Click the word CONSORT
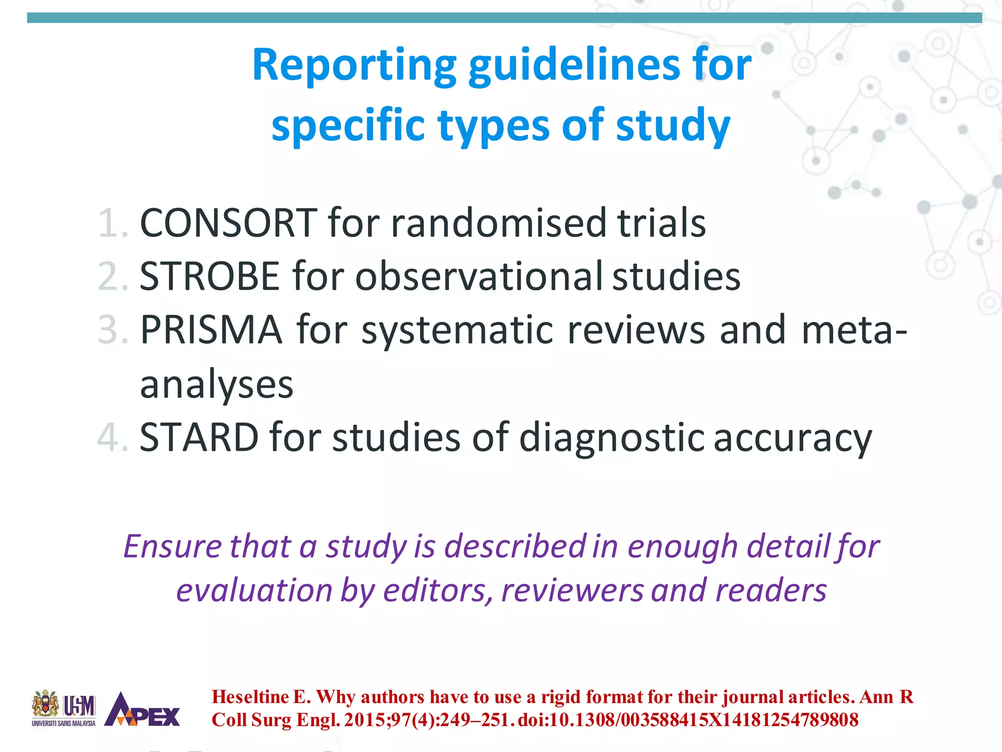point(228,223)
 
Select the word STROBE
point(209,277)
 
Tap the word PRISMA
point(211,330)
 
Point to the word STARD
point(199,437)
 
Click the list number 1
point(112,224)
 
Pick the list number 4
point(112,437)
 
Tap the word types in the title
point(494,126)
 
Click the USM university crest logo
point(46,705)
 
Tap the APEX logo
point(142,709)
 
